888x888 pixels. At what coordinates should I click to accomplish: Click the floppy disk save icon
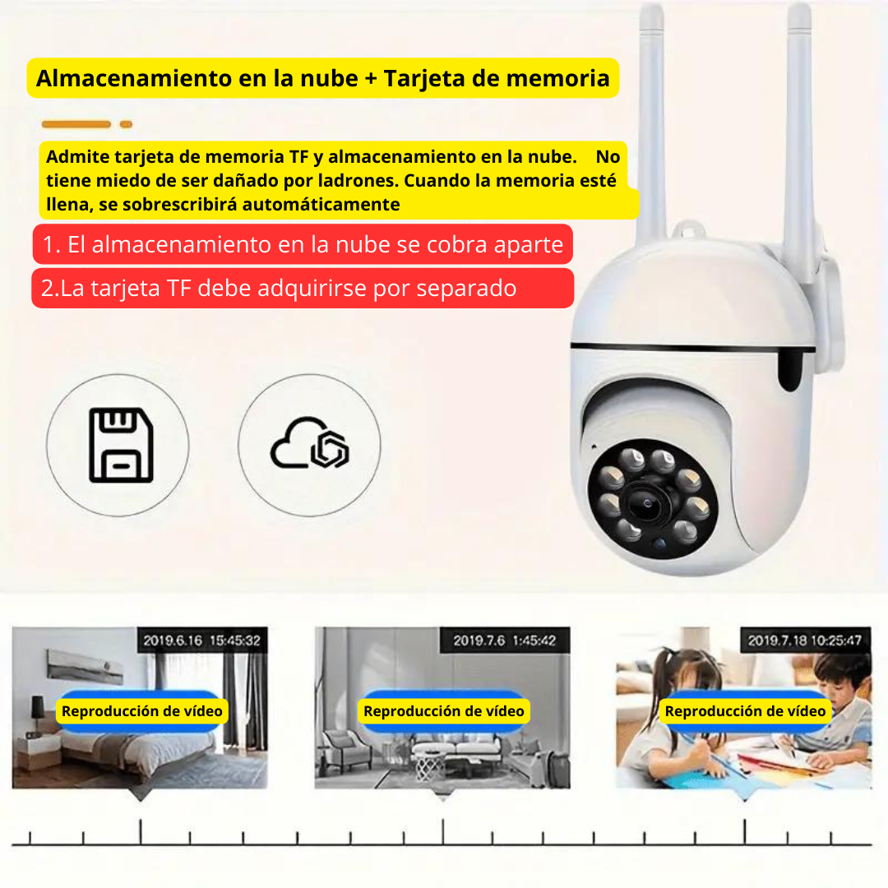point(121,445)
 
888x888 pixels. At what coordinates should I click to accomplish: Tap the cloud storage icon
point(309,443)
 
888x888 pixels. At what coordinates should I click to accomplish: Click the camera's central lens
point(649,502)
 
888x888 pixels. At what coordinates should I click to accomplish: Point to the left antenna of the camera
point(650,125)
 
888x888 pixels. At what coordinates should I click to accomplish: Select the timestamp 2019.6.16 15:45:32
point(201,641)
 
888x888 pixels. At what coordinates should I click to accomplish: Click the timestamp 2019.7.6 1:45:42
point(505,641)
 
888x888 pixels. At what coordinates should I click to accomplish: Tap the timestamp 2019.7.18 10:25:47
point(805,641)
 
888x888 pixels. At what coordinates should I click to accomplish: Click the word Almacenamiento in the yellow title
point(134,78)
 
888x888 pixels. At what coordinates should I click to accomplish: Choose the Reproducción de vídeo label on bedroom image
point(142,711)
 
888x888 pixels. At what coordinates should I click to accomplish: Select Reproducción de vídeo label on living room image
point(444,711)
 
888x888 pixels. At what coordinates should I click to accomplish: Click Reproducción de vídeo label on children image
point(745,711)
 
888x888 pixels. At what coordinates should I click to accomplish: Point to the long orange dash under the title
point(76,124)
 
